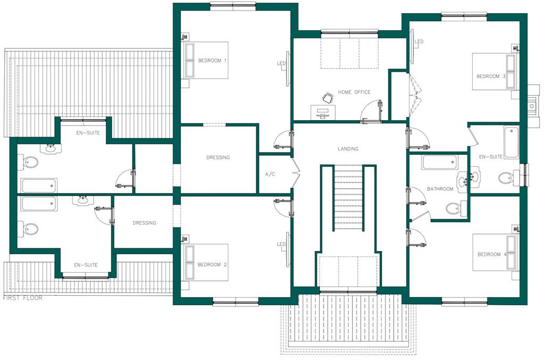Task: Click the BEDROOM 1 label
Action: [x=212, y=61]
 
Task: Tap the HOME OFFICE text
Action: [x=354, y=93]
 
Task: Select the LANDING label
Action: [x=348, y=149]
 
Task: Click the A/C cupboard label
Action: [x=270, y=174]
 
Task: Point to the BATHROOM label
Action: [x=440, y=189]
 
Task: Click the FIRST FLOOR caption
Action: [x=22, y=298]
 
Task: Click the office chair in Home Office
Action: [x=328, y=97]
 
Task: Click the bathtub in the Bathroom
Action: [x=440, y=163]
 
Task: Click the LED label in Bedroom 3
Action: [x=419, y=42]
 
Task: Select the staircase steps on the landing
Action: [x=348, y=197]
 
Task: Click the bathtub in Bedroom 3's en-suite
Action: [x=511, y=142]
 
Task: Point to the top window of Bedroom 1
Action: [x=233, y=5]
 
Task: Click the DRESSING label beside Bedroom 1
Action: [x=218, y=158]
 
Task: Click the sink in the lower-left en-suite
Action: [x=82, y=200]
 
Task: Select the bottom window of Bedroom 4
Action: [x=464, y=304]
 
